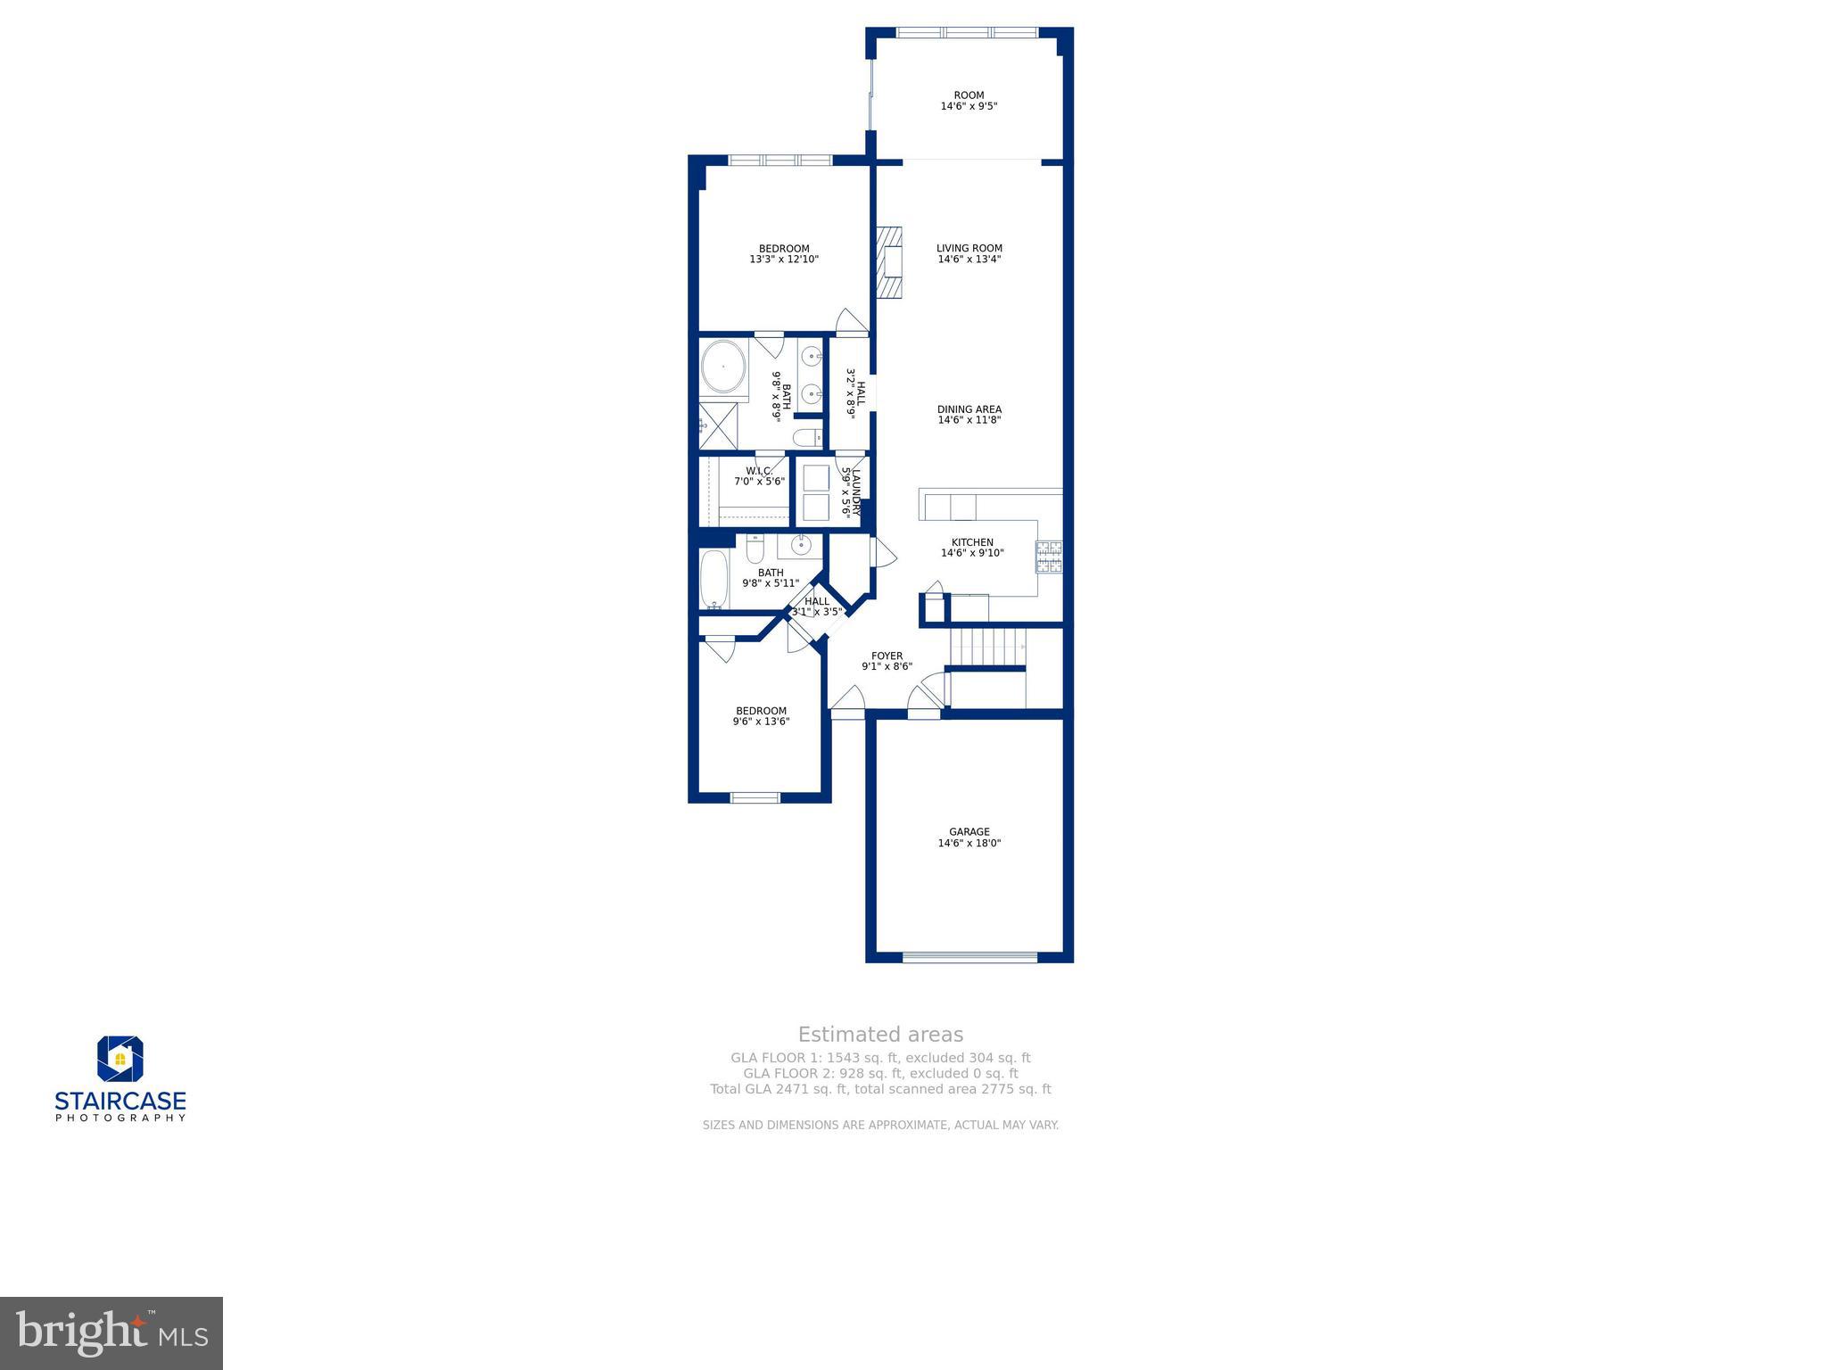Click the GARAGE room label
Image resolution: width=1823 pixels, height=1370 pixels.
click(x=969, y=832)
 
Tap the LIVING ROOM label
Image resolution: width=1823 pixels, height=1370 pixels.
click(x=969, y=249)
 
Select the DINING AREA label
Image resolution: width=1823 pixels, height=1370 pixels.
click(x=969, y=410)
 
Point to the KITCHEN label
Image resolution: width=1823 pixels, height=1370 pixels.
click(x=972, y=542)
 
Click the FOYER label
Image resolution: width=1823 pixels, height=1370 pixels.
click(x=887, y=656)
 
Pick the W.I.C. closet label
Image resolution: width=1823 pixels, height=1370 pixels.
click(x=759, y=471)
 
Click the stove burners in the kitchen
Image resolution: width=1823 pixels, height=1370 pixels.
click(x=1048, y=557)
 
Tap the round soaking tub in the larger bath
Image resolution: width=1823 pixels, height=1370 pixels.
click(x=723, y=366)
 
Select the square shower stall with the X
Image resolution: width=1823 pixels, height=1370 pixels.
click(x=719, y=425)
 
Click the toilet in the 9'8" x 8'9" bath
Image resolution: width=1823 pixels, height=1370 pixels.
click(x=807, y=437)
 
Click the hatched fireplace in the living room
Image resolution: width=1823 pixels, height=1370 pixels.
click(x=889, y=262)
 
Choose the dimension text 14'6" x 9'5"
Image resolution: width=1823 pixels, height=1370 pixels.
click(x=969, y=106)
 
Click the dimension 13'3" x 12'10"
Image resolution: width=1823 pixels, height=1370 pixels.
click(x=784, y=260)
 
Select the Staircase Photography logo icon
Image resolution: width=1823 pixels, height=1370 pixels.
click(x=120, y=1059)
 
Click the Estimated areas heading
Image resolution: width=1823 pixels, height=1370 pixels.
click(x=880, y=1035)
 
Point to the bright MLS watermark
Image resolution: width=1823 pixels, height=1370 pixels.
click(x=111, y=1333)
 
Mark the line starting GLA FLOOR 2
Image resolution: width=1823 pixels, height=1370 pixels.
click(x=880, y=1074)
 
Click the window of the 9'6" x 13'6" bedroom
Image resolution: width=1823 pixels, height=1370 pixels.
click(x=755, y=797)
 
